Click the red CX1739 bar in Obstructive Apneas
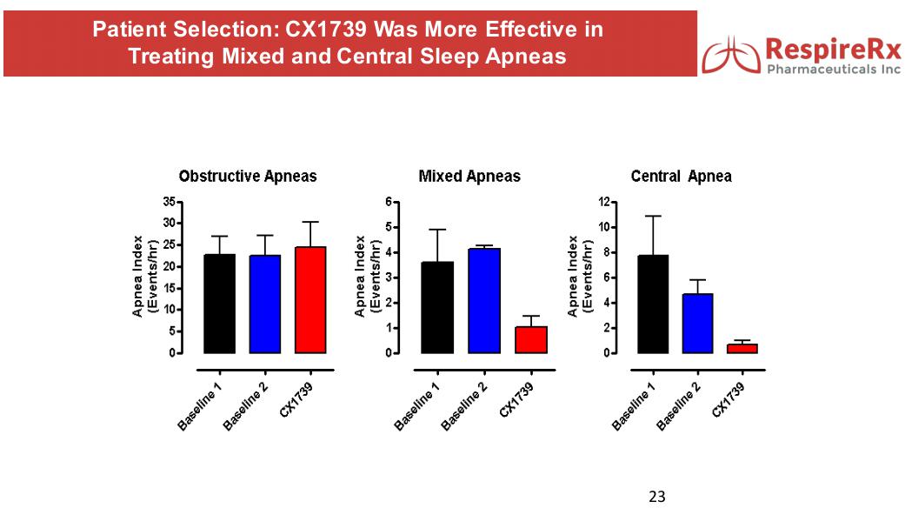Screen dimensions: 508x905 (x=310, y=300)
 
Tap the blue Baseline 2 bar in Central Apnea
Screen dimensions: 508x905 (x=697, y=323)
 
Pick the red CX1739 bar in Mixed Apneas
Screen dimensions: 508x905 (x=530, y=339)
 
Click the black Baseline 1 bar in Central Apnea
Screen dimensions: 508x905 (x=652, y=304)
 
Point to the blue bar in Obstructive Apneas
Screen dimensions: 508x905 (x=264, y=304)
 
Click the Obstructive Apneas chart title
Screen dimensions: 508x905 (x=248, y=177)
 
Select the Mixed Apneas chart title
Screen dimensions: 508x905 (x=469, y=177)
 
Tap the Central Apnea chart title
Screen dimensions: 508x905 (x=681, y=177)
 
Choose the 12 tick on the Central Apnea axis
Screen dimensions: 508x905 (x=604, y=202)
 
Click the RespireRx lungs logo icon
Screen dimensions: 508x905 (x=730, y=54)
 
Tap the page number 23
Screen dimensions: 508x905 (x=657, y=497)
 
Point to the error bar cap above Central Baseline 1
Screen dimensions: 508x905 (x=653, y=216)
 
